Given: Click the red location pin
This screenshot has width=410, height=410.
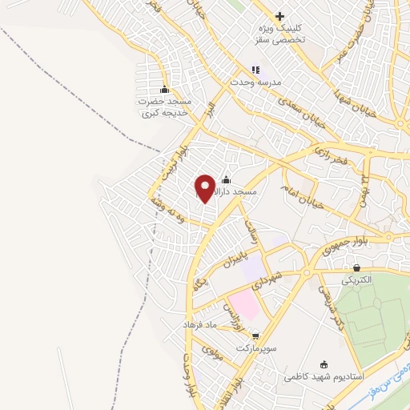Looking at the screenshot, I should point(205,187).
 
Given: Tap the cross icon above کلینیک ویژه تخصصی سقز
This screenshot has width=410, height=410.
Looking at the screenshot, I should point(279,16).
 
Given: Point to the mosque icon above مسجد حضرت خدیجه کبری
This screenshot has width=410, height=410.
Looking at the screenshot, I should point(164,89).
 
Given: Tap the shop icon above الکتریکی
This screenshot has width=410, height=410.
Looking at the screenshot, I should point(356,268).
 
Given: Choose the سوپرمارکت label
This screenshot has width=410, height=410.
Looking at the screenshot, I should point(255,349).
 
